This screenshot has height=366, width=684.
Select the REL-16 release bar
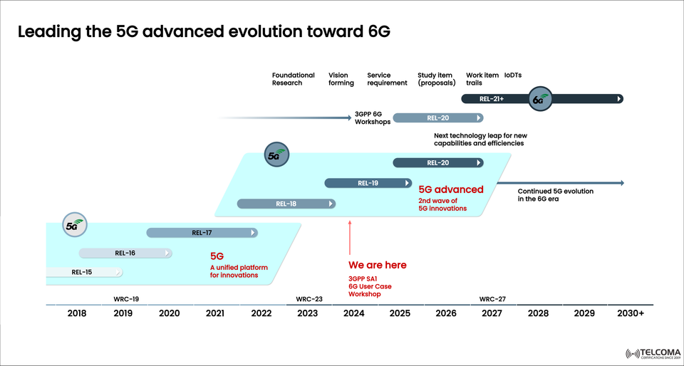pos(125,253)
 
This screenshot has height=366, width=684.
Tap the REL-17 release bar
pos(202,232)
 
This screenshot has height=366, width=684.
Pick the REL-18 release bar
pos(286,204)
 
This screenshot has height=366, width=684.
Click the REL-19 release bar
pos(368,183)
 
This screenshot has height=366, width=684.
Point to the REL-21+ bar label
pos(492,99)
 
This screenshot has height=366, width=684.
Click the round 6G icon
pos(539,99)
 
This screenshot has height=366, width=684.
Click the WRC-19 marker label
pos(126,299)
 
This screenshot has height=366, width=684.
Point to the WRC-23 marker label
pos(309,299)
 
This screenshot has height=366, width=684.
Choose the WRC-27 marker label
pos(492,299)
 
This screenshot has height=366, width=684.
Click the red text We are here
pos(378,265)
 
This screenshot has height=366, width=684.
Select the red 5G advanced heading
pos(451,190)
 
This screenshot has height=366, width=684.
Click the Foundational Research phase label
pos(293,79)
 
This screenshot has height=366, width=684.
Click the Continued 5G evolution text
pos(555,195)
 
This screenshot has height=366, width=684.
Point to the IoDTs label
pos(514,75)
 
